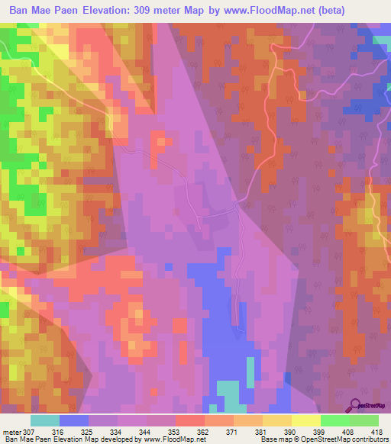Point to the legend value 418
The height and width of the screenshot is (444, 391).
pyautogui.click(x=377, y=431)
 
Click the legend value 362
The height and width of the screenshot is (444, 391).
pyautogui.click(x=204, y=431)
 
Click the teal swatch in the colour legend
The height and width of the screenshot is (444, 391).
pyautogui.click(x=45, y=420)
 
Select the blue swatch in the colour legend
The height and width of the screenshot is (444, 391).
pyautogui.click(x=74, y=420)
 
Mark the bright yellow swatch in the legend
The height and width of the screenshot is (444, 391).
pyautogui.click(x=306, y=420)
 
